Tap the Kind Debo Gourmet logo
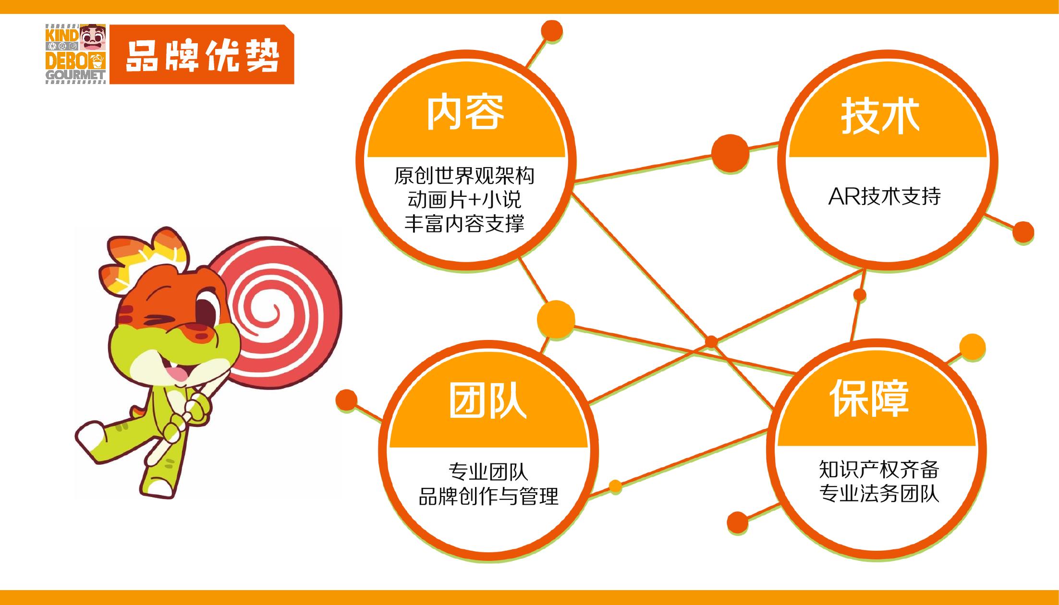tap(76, 54)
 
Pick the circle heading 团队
tap(488, 401)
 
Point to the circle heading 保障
tap(870, 398)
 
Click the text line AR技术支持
tap(885, 196)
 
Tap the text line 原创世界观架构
tap(464, 176)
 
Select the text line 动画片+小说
tap(464, 200)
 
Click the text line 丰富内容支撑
tap(464, 224)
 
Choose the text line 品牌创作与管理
tap(488, 496)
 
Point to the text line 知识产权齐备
tap(879, 470)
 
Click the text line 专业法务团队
tap(879, 494)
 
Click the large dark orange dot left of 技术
tap(730, 153)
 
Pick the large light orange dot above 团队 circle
tap(556, 319)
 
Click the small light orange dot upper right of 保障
tap(972, 347)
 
